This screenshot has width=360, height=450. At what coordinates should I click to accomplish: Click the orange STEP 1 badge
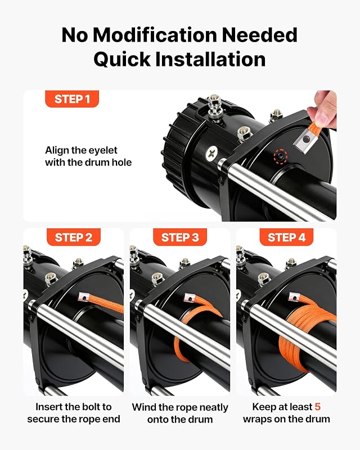click(x=72, y=99)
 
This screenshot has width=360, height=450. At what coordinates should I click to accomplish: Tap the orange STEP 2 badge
click(x=74, y=237)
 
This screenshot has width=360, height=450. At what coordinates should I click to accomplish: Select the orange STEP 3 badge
click(x=180, y=237)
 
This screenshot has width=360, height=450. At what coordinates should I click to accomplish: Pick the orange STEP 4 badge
click(x=286, y=237)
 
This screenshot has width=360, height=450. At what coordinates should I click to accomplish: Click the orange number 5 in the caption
click(x=317, y=407)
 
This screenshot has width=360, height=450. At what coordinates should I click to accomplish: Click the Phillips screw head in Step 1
click(x=212, y=152)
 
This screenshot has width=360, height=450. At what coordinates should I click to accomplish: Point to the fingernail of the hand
click(x=322, y=118)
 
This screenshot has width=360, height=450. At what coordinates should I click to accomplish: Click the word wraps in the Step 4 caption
click(x=257, y=419)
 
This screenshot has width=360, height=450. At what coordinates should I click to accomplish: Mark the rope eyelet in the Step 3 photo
click(x=190, y=298)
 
